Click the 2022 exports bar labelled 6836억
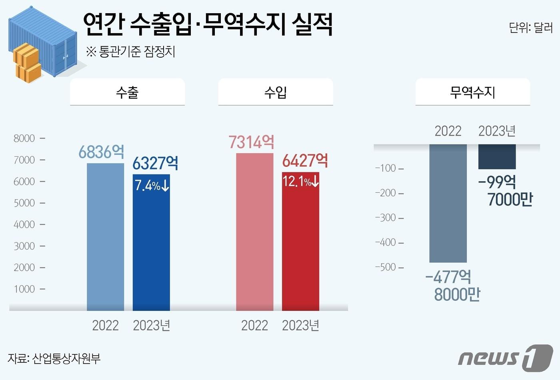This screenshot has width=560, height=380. point(105,237)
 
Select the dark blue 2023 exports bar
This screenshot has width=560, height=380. point(151,248)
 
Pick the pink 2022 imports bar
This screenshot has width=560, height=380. point(254,232)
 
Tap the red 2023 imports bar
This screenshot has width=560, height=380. point(300,248)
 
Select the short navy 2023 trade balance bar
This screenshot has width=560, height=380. point(497,156)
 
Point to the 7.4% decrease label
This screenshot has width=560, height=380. point(152,185)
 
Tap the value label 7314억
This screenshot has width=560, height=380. point(251,142)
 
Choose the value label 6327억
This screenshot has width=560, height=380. point(155,163)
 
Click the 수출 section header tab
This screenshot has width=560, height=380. point(127,92)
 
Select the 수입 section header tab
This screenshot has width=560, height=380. point(275,92)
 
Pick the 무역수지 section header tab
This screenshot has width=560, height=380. point(472,92)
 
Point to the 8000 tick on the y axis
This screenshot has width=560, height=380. point(24,138)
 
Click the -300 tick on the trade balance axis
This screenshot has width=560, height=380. point(386,218)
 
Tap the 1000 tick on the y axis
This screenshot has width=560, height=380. point(24,289)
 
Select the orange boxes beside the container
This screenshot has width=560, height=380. point(27,63)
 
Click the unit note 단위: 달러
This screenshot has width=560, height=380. point(530,28)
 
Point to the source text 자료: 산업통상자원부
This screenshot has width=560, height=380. point(54,358)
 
